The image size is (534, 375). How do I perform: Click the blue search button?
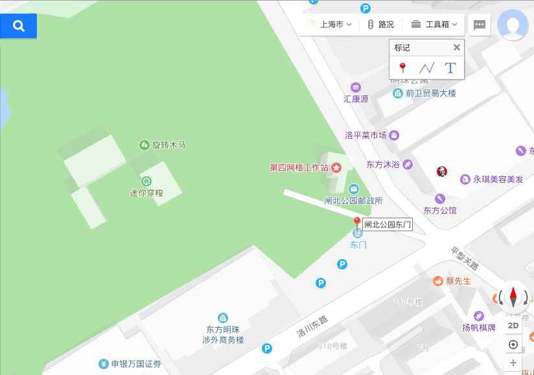pyautogui.click(x=18, y=26)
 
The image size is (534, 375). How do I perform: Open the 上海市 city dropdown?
pyautogui.click(x=331, y=25)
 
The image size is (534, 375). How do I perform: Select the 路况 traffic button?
pyautogui.click(x=380, y=25)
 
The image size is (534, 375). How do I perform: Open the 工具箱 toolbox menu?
pyautogui.click(x=434, y=25)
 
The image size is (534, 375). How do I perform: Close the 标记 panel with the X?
pyautogui.click(x=456, y=47)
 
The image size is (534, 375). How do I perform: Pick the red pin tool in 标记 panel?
pyautogui.click(x=402, y=68)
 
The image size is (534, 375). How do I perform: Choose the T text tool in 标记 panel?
pyautogui.click(x=450, y=68)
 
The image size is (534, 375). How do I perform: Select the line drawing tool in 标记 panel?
pyautogui.click(x=426, y=68)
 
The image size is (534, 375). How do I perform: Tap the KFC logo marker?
pyautogui.click(x=441, y=172)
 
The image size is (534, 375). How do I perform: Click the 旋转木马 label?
pyautogui.click(x=168, y=145)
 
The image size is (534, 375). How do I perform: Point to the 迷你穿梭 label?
pyautogui.click(x=146, y=193)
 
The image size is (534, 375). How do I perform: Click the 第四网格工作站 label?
pyautogui.click(x=299, y=168)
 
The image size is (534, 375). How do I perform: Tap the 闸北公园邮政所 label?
pyautogui.click(x=353, y=201)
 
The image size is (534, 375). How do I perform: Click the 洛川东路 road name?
pyautogui.click(x=312, y=326)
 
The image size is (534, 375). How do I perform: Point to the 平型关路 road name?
pyautogui.click(x=464, y=258)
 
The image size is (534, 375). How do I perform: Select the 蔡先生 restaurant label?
pyautogui.click(x=458, y=281)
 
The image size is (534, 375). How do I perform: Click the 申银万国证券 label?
pyautogui.click(x=136, y=364)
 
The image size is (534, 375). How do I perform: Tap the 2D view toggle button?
pyautogui.click(x=513, y=326)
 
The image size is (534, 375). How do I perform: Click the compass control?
pyautogui.click(x=513, y=297)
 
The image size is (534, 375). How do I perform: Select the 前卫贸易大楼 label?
pyautogui.click(x=430, y=93)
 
